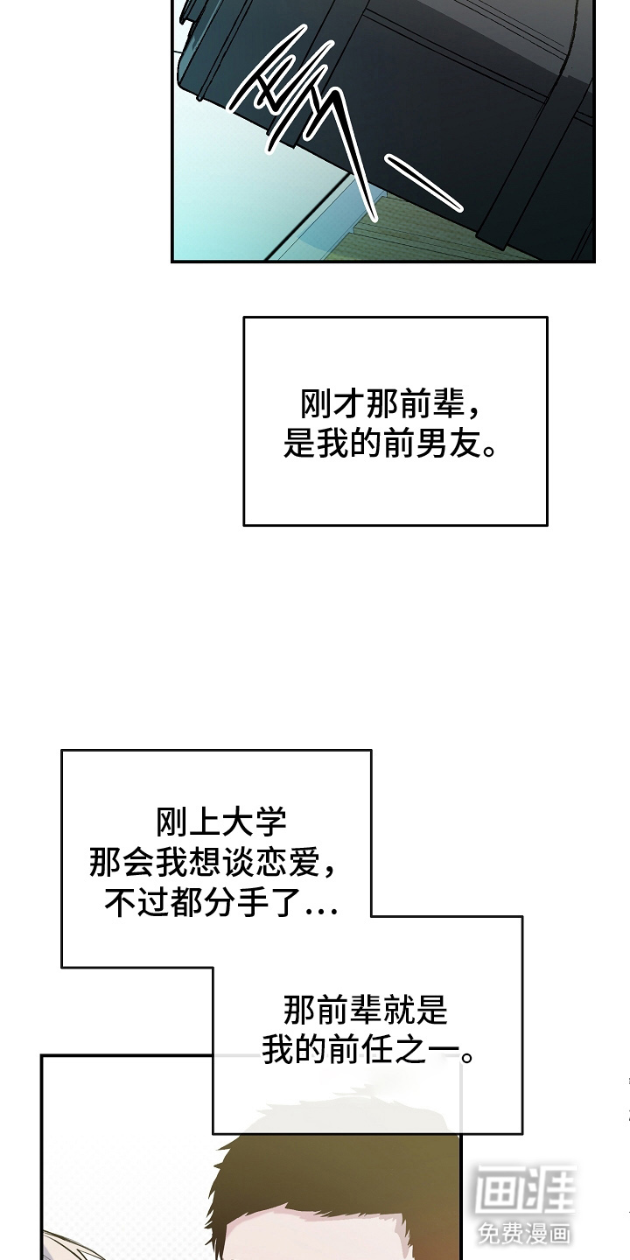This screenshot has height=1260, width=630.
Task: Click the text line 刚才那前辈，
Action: (390, 404)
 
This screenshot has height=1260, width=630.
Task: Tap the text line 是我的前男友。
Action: (390, 444)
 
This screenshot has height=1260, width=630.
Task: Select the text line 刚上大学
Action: (221, 822)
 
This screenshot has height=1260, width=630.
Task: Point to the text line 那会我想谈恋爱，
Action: (213, 862)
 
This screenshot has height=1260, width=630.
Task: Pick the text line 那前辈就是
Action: (365, 1009)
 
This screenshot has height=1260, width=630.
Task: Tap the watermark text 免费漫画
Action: (524, 1234)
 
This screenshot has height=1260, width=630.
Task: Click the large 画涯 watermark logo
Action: (525, 1188)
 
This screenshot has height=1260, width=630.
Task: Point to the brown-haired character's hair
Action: (338, 1170)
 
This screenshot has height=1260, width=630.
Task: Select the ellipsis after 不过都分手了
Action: (321, 911)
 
